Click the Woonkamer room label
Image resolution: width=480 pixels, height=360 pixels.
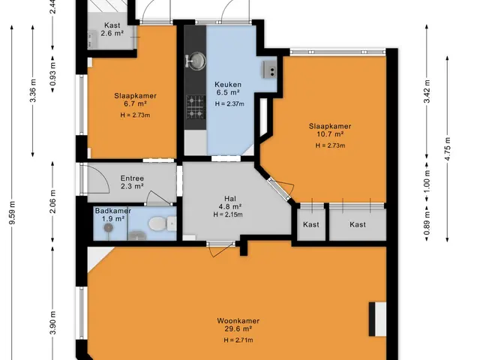coord(238,321)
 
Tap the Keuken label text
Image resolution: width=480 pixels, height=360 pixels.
coord(228,84)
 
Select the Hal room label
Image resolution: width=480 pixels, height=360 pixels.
coord(230,198)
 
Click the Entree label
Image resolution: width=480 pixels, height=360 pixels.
coord(132,178)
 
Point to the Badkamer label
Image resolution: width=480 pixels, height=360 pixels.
coord(113,211)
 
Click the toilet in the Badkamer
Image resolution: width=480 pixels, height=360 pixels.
coord(162,223)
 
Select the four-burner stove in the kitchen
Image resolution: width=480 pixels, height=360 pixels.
coord(196,106)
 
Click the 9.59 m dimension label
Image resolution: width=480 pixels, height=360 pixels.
coord(12,212)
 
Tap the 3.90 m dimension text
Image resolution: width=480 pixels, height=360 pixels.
coord(53,323)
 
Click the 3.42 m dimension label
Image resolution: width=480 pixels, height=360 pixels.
coord(427,91)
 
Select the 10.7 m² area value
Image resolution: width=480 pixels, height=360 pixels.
coord(330,134)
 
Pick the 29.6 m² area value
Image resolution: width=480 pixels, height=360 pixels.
coord(238,328)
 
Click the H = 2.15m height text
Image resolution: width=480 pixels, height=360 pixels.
coord(228,214)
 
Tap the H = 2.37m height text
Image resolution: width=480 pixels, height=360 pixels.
coord(229,103)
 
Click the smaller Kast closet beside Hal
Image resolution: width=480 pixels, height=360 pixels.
coord(311,224)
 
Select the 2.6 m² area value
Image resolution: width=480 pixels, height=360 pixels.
coord(112,33)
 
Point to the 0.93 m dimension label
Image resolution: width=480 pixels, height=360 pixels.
coord(53,73)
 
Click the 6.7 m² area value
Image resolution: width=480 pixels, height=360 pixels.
coord(135,103)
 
